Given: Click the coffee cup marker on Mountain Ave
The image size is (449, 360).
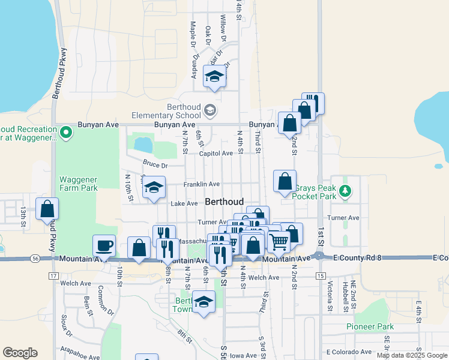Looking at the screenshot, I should pyautogui.click(x=104, y=245).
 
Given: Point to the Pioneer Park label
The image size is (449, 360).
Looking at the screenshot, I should pyautogui.click(x=370, y=327).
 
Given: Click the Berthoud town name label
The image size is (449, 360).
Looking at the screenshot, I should pyautogui.click(x=224, y=202).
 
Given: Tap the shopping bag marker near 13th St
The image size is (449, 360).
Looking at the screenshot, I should pyautogui.click(x=47, y=209).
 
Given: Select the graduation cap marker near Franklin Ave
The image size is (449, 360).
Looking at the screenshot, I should pyautogui.click(x=154, y=187).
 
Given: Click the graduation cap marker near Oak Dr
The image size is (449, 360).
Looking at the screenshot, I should pyautogui.click(x=214, y=76).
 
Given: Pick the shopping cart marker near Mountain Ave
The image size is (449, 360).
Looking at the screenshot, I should pyautogui.click(x=279, y=241).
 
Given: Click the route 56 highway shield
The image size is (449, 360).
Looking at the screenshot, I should pyautogui.click(x=37, y=258).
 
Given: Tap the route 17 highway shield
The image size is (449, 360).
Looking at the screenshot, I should pyautogui.click(x=53, y=275).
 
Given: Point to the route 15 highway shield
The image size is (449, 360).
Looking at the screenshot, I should pyautogui.click(x=321, y=275).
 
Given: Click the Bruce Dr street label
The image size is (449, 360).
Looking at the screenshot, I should pyautogui.click(x=155, y=164).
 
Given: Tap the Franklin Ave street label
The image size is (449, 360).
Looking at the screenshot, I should pyautogui.click(x=202, y=184).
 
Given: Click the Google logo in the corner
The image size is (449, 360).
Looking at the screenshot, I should pyautogui.click(x=20, y=353).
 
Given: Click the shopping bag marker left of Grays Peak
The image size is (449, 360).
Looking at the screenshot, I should pyautogui.click(x=285, y=181).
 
